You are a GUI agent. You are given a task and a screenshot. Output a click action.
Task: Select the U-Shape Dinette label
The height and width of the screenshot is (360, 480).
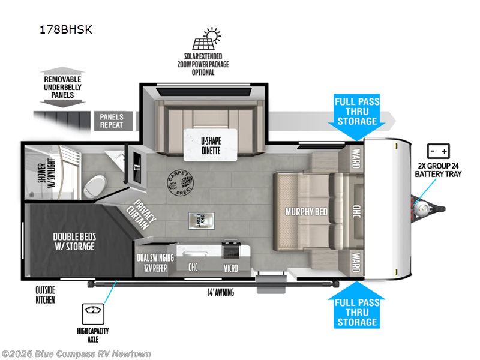211,146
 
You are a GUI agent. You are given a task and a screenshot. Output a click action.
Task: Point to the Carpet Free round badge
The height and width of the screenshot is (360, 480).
180,179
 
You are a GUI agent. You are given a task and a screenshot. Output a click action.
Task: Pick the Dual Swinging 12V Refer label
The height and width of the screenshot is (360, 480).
155,262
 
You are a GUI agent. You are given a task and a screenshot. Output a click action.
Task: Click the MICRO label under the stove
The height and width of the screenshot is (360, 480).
231,267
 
